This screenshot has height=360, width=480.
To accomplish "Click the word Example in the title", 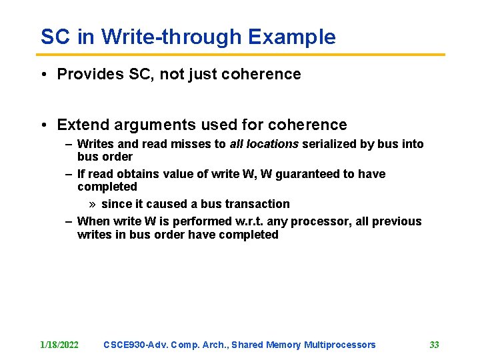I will tap(291, 37).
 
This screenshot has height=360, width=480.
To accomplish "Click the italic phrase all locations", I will tap(264, 144).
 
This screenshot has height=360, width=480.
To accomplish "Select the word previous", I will tap(398, 221).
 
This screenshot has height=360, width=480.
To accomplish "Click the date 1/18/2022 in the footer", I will tap(59, 345).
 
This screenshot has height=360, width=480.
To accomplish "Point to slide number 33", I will tap(434, 345).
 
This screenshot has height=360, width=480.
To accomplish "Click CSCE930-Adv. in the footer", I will tap(135, 345).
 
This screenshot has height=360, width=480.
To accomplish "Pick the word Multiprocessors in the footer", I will tap(339, 345).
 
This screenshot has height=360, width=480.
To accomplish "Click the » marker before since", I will tap(93, 204).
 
